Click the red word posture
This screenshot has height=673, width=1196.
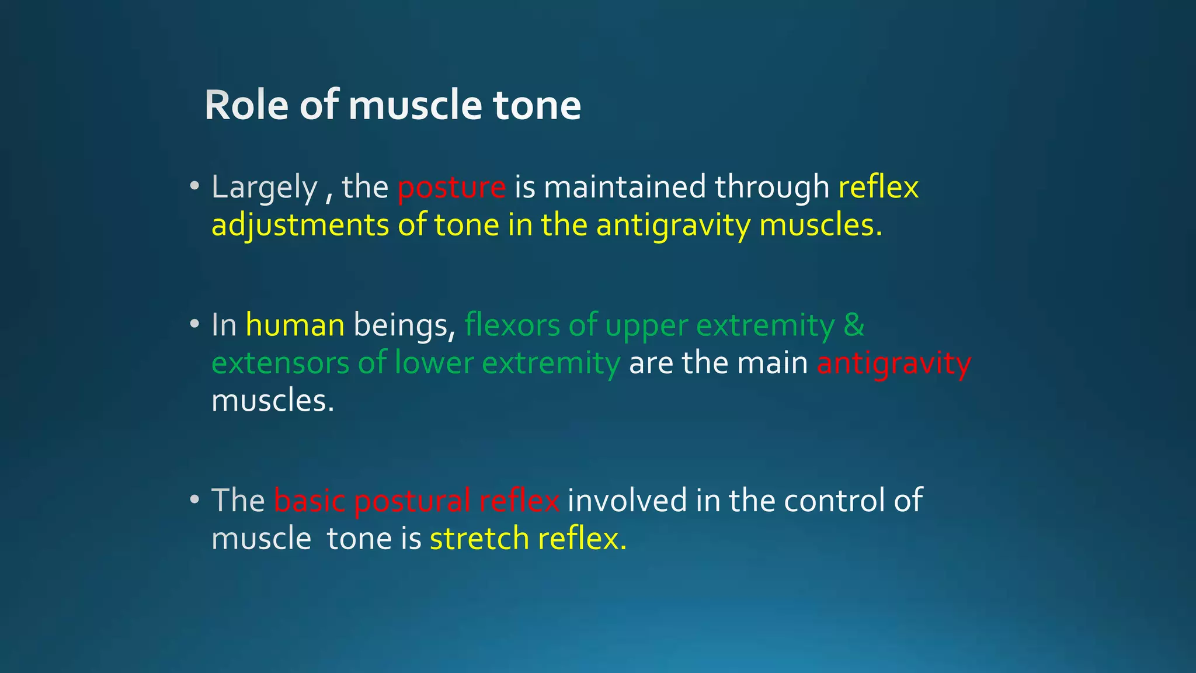pos(451,188)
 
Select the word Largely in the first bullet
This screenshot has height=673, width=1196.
pos(264,188)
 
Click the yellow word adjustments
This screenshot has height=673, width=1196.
pos(300,226)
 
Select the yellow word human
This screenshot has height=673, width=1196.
pos(295,325)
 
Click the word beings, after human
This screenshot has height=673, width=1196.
pos(404,325)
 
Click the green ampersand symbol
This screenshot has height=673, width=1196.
pos(854,325)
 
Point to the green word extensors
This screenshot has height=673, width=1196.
pos(280,363)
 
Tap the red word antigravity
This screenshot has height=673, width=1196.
pos(893,363)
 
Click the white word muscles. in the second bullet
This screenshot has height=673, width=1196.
pos(273,401)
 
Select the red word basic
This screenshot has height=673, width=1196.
pos(310,501)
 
